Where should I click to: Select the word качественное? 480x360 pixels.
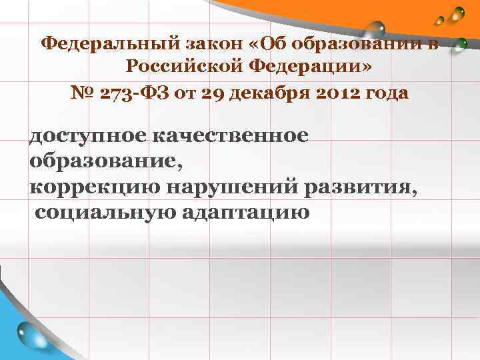(x=230, y=137)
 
